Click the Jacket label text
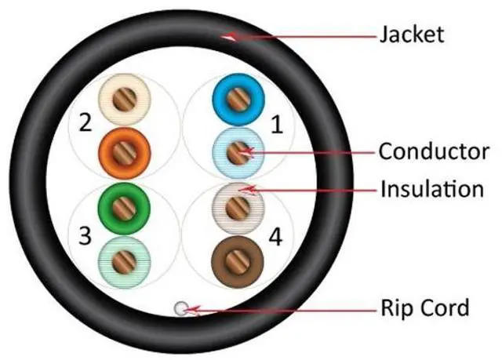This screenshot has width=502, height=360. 411,34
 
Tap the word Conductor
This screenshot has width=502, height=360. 434,151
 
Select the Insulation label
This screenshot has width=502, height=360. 431,189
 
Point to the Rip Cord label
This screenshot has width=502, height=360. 424,306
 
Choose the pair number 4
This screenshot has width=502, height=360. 275,234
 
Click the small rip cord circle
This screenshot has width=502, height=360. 181,309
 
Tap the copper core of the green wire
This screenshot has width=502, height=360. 121,207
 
